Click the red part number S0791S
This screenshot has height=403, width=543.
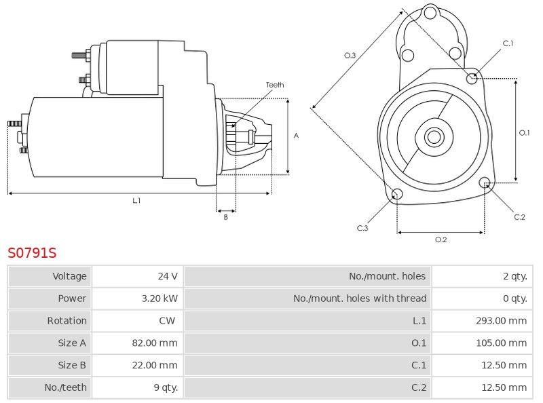coord(32,253)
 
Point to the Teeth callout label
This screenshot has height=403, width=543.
coord(275,85)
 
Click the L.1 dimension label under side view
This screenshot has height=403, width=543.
coord(136,200)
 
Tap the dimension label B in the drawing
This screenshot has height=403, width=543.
coord(226,217)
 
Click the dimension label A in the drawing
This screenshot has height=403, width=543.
coord(296,136)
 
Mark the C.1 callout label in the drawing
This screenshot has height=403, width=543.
coord(508,43)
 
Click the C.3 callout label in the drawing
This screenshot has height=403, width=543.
coord(362,228)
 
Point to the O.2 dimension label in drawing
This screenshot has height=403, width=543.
coord(441,239)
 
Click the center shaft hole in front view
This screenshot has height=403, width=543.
coord(433,137)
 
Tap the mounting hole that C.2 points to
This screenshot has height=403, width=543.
coord(485,183)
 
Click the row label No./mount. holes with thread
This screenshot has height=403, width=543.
coord(360,299)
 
